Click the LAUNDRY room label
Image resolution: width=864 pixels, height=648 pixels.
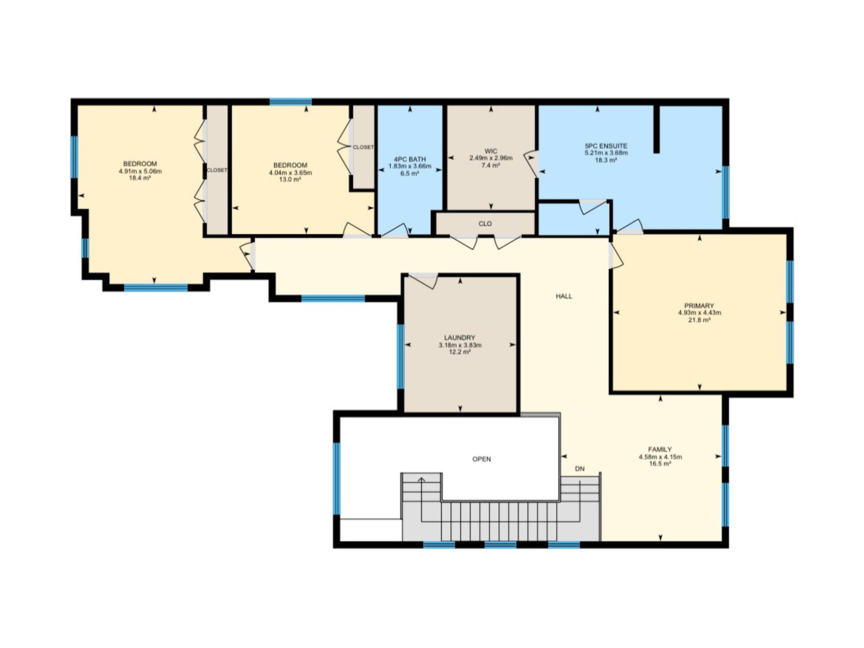tap(460, 337)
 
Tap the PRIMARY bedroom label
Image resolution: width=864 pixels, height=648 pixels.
tap(699, 306)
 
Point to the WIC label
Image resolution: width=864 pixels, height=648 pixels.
tap(491, 151)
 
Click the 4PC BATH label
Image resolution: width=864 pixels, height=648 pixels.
tap(410, 159)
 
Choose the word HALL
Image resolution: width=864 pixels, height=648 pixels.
tap(564, 296)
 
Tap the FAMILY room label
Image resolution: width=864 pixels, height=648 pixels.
tap(660, 449)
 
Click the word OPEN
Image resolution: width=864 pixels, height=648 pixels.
tap(482, 459)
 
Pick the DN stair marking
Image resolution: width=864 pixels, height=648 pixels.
tap(579, 469)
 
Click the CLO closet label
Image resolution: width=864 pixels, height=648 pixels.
tap(485, 224)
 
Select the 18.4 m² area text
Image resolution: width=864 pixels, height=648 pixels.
tap(140, 178)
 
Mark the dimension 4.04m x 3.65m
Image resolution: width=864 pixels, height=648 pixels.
tap(291, 173)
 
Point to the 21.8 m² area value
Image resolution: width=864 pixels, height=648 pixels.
tap(699, 320)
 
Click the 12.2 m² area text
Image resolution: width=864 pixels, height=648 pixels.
tap(460, 352)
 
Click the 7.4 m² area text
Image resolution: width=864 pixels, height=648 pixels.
tap(491, 165)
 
